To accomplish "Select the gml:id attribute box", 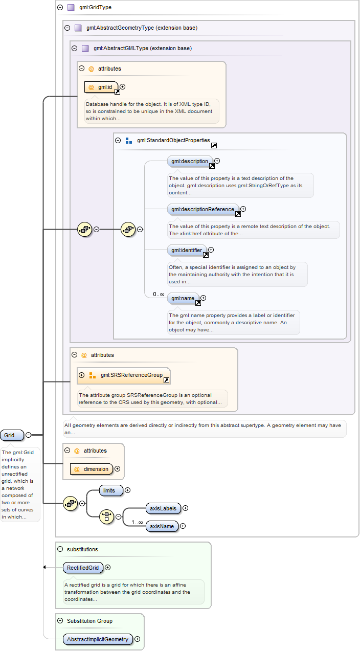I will [x=101, y=87].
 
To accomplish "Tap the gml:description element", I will [x=190, y=162].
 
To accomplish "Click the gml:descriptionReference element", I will [x=202, y=209].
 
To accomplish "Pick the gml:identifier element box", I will [x=187, y=250].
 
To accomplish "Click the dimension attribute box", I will [x=92, y=468].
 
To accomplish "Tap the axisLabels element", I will [x=163, y=508].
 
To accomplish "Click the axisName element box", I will [x=162, y=526].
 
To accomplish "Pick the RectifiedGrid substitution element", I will [x=83, y=567].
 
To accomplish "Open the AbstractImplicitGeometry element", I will [x=98, y=639].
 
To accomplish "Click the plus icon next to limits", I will [x=128, y=490].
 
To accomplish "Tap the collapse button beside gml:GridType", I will [x=60, y=8].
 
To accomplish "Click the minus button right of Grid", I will [x=29, y=435].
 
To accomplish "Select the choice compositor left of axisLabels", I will [x=107, y=517].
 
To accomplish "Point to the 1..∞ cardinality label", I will [x=137, y=523].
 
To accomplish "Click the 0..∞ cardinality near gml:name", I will [x=159, y=295].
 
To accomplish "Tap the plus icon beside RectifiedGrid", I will [x=108, y=567].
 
